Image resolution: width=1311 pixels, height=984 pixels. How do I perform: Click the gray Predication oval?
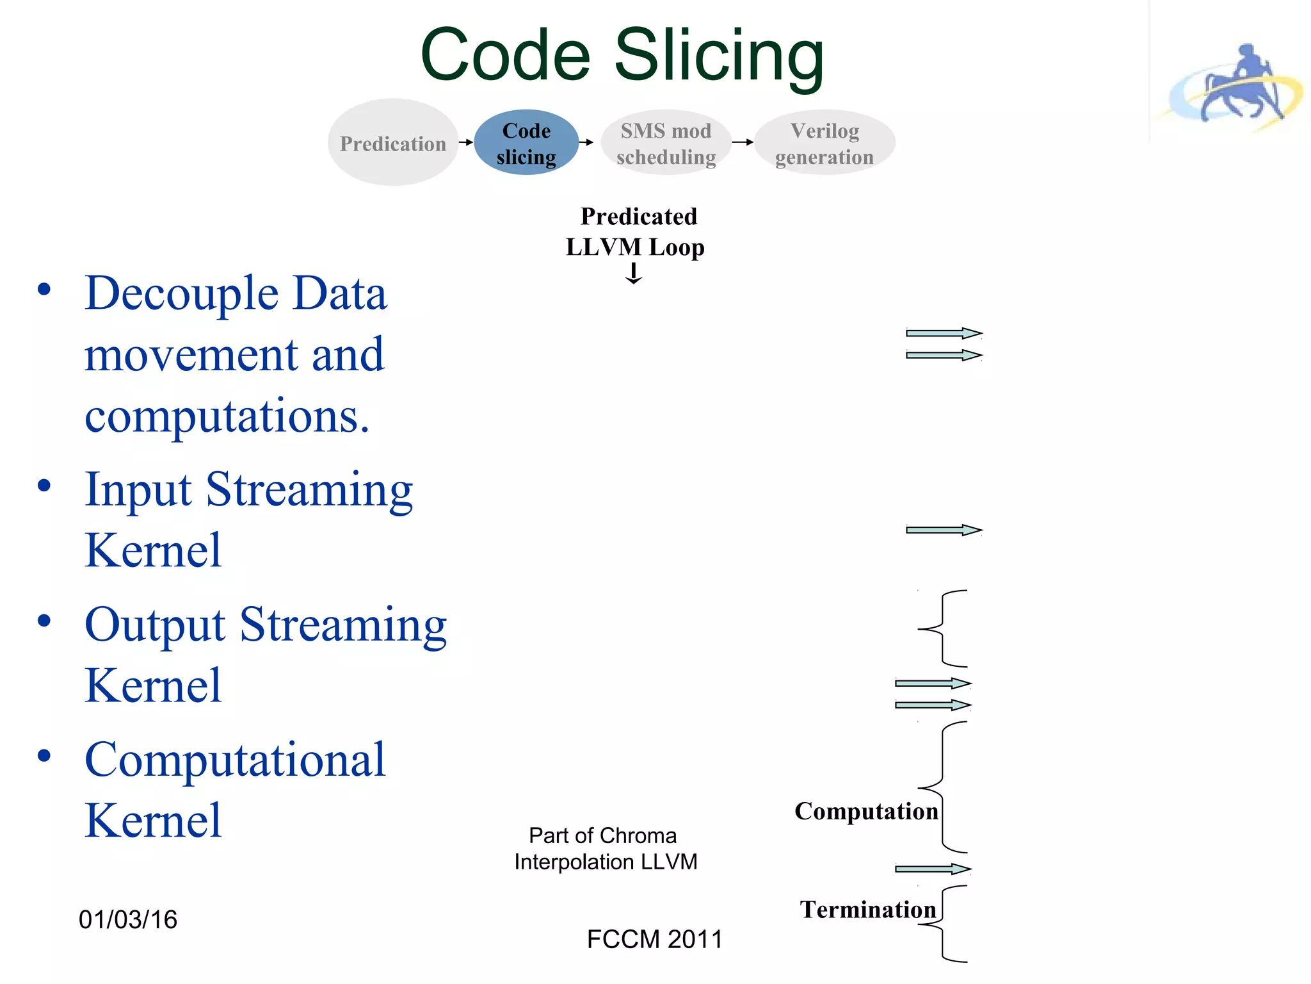393,142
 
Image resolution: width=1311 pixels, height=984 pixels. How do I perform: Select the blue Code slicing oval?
526,143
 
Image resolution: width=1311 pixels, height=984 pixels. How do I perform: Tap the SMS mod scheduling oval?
666,143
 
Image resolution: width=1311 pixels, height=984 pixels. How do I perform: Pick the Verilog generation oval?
824,143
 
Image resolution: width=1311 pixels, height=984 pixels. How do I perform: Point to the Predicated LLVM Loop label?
636,232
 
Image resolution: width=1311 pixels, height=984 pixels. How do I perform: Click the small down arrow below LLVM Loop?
634,274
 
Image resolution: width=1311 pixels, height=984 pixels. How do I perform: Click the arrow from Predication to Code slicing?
466,142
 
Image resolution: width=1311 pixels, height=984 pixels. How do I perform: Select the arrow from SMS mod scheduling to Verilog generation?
743,142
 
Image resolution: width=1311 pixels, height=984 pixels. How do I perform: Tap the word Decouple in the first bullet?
181,293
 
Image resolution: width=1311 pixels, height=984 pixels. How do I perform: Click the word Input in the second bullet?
138,490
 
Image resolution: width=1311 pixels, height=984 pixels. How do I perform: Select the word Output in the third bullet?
155,625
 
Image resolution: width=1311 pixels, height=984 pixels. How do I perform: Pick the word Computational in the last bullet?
235,760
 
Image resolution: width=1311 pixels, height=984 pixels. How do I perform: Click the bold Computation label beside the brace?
866,812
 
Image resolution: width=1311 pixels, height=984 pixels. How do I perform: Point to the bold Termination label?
867,910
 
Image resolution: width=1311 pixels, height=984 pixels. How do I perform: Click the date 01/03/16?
128,920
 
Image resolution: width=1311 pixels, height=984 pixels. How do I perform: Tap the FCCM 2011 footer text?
654,940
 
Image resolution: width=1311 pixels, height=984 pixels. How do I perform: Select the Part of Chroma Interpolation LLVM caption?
605,849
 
